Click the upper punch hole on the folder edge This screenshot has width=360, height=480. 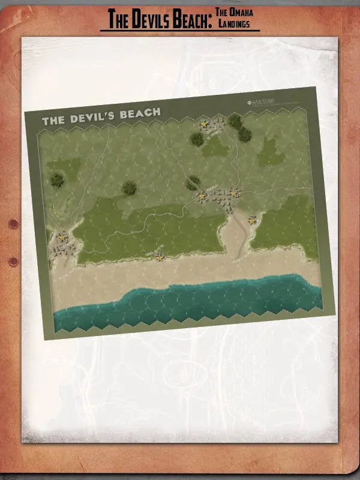pos(13,224)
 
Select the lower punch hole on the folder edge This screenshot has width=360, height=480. pos(13,261)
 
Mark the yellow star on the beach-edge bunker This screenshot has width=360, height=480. pos(160,257)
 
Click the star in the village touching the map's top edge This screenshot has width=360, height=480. pos(204,124)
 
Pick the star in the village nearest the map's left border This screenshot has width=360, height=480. pos(62,238)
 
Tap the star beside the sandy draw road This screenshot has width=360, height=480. pos(252,221)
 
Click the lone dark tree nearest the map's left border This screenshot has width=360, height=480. pos(57,179)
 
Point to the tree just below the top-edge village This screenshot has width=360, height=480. pos(197,139)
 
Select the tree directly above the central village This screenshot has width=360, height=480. pos(193,181)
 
